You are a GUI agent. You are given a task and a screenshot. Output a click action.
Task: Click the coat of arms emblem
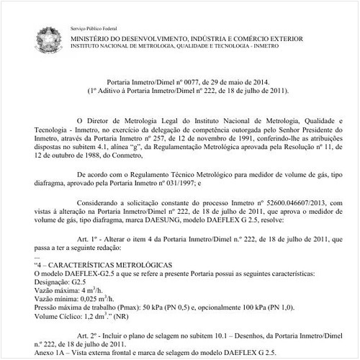click(48, 37)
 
